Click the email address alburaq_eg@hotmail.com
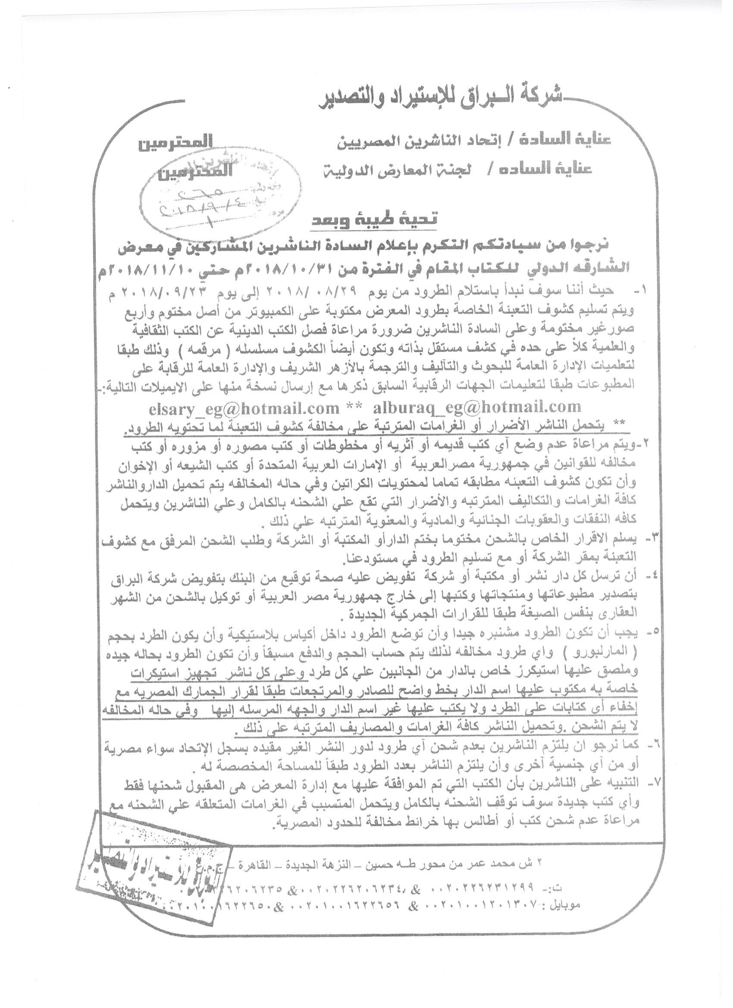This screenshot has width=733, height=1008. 477,406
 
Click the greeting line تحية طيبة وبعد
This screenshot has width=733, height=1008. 380,219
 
